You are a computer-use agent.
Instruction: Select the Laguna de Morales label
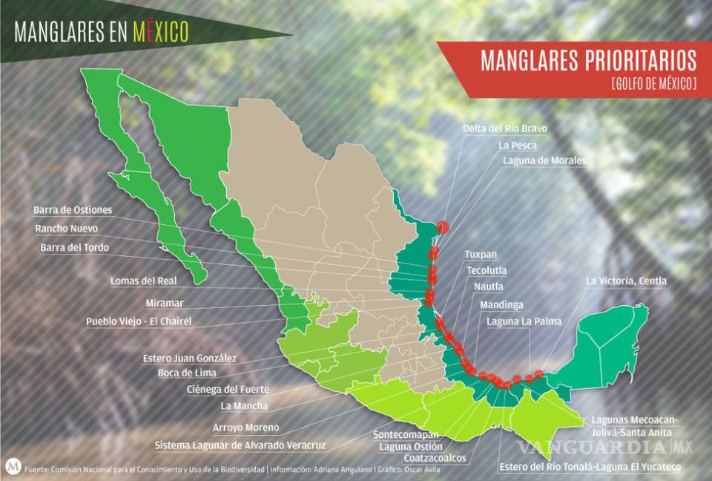coord(544,160)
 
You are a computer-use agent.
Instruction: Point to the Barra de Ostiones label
coord(73,209)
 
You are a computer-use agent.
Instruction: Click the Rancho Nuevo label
coord(66,228)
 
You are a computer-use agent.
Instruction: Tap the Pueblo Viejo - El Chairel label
coord(139,321)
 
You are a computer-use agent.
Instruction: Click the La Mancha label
coord(244,405)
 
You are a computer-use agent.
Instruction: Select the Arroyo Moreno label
coord(245,428)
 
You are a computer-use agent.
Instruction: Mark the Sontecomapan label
coord(406,434)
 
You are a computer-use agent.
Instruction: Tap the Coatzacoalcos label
coord(435,458)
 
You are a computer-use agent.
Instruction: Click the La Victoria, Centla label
coord(626,281)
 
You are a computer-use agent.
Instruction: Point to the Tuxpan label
coord(481,254)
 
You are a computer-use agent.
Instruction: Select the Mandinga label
coord(501,304)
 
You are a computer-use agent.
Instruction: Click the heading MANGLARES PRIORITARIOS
coord(588,60)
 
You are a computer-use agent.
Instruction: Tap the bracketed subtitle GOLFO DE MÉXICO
coord(653,84)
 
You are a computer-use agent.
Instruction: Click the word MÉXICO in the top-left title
coord(160,31)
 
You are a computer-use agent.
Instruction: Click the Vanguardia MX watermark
coord(604,447)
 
